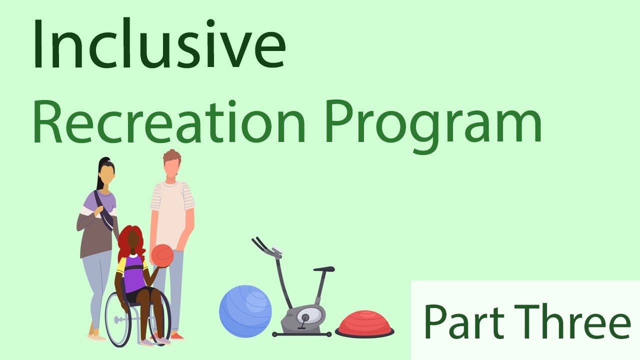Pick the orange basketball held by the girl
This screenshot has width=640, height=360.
pos(162,255)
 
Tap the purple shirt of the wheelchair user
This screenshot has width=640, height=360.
pos(134,272)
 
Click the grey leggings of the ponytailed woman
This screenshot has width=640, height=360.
pos(97,285)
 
